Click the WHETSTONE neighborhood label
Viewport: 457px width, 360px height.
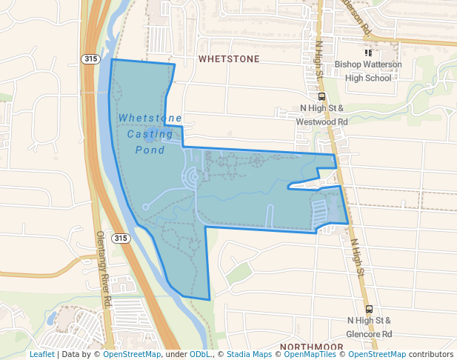pyautogui.click(x=228, y=58)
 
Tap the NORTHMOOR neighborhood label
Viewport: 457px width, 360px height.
pyautogui.click(x=311, y=347)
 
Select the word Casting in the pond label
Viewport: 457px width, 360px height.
pyautogui.click(x=150, y=134)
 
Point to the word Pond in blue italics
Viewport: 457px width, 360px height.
pyautogui.click(x=150, y=150)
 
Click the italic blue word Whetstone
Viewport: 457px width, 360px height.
pyautogui.click(x=150, y=118)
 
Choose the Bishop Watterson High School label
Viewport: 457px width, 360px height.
pyautogui.click(x=368, y=71)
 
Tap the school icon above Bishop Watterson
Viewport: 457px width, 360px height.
pyautogui.click(x=368, y=53)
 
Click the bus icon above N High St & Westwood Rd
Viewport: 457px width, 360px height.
pyautogui.click(x=321, y=96)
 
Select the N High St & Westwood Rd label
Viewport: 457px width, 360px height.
pyautogui.click(x=322, y=115)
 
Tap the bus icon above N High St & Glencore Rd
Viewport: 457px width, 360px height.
pyautogui.click(x=369, y=310)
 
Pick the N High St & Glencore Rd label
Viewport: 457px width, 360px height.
pyautogui.click(x=369, y=327)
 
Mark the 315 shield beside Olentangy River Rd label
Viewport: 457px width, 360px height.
pyautogui.click(x=121, y=238)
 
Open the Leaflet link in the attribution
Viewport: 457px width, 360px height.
pyautogui.click(x=41, y=354)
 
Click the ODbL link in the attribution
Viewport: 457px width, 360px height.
pyautogui.click(x=199, y=354)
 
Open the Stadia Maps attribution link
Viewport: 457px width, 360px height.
pyautogui.click(x=248, y=354)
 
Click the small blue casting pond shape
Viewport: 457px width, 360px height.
pyautogui.click(x=153, y=136)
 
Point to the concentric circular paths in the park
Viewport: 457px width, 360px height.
pyautogui.click(x=190, y=178)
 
